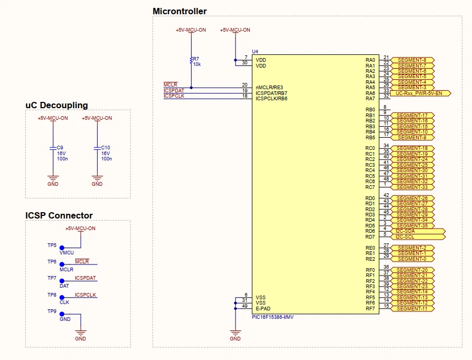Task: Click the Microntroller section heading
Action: click(180, 11)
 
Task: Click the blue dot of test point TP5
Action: click(62, 248)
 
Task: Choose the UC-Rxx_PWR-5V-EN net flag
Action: click(422, 93)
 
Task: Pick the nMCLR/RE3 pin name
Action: click(269, 87)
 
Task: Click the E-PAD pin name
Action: click(263, 308)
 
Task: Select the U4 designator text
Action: click(255, 51)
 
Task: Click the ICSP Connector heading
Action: click(59, 215)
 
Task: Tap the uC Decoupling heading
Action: click(56, 105)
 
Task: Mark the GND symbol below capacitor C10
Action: click(97, 179)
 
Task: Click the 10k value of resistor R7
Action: click(197, 64)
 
